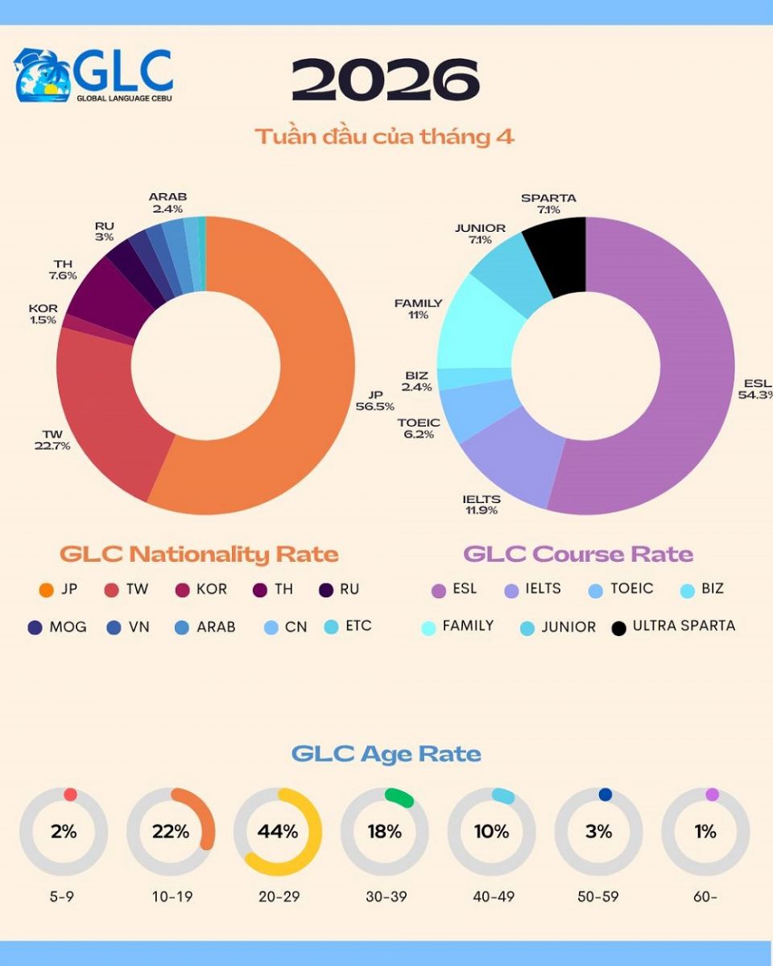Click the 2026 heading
pyautogui.click(x=385, y=80)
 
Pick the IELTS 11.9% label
pyautogui.click(x=482, y=505)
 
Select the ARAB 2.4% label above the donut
pyautogui.click(x=167, y=203)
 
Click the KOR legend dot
pyautogui.click(x=181, y=590)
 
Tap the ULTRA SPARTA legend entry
pyautogui.click(x=684, y=626)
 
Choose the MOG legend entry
pyautogui.click(x=68, y=627)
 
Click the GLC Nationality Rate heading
pyautogui.click(x=199, y=555)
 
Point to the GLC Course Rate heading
pyautogui.click(x=578, y=555)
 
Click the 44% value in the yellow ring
pyautogui.click(x=278, y=832)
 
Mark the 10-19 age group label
pyautogui.click(x=171, y=897)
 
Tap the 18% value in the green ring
pyautogui.click(x=384, y=832)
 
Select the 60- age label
pyautogui.click(x=705, y=897)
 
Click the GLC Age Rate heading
pyautogui.click(x=386, y=754)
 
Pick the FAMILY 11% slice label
pyautogui.click(x=418, y=309)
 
